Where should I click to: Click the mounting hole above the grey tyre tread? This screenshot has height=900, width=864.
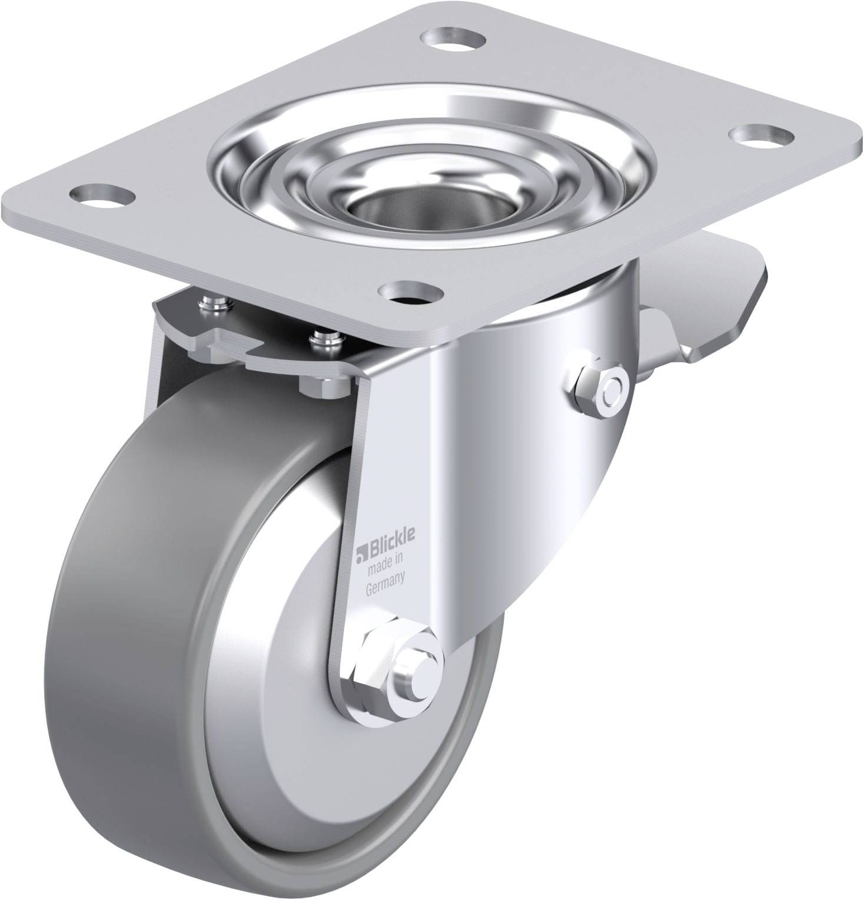(100, 193)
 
